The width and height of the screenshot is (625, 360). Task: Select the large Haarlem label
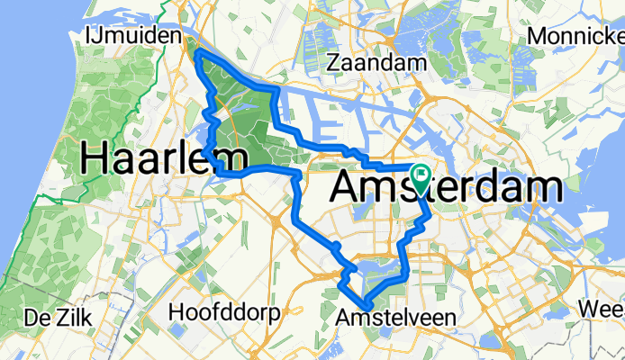click(x=165, y=159)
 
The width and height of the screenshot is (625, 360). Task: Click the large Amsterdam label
click(x=448, y=187)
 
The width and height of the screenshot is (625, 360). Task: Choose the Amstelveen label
click(x=395, y=318)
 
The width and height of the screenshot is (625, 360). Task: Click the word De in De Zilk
click(x=37, y=318)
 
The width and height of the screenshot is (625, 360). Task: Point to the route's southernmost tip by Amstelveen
click(x=365, y=304)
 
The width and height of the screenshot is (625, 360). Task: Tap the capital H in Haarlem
click(x=95, y=159)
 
